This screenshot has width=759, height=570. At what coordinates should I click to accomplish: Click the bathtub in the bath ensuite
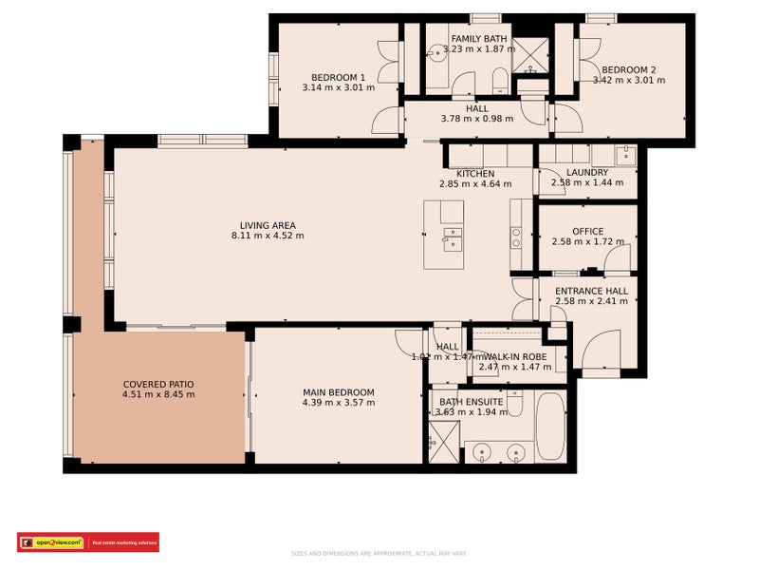click(x=549, y=427)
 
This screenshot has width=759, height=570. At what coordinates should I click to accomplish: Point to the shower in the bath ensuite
click(x=443, y=441)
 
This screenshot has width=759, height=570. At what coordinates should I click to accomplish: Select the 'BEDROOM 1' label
click(x=339, y=77)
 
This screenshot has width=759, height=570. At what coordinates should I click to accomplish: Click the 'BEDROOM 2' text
click(x=628, y=69)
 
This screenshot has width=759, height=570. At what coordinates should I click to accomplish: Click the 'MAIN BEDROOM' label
click(x=339, y=392)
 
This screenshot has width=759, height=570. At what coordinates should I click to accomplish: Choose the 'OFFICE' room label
click(x=587, y=232)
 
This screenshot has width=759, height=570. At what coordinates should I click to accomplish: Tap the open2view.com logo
click(x=56, y=542)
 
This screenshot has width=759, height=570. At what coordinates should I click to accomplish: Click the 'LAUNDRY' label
click(x=587, y=172)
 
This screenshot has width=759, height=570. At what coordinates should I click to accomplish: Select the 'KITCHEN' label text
click(x=475, y=174)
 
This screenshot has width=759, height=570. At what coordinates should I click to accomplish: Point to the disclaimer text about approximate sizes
click(x=379, y=553)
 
